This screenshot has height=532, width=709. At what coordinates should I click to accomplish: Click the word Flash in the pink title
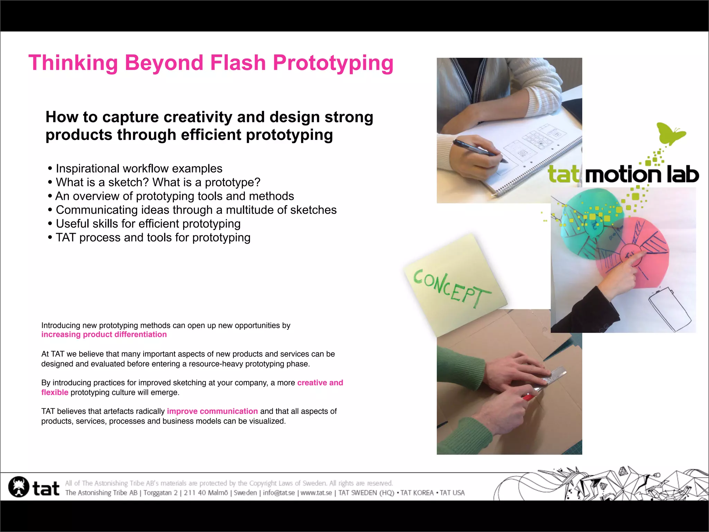pyautogui.click(x=237, y=63)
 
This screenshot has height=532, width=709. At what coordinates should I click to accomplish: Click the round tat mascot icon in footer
pyautogui.click(x=19, y=487)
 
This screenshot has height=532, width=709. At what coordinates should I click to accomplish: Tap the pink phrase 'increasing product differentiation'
pyautogui.click(x=104, y=335)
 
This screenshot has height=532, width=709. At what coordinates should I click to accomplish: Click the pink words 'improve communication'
pyautogui.click(x=212, y=411)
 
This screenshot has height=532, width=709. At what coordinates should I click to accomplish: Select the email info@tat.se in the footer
pyautogui.click(x=279, y=493)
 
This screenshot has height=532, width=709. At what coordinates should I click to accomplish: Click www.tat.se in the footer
pyautogui.click(x=316, y=493)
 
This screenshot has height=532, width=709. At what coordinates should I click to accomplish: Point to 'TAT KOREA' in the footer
pyautogui.click(x=417, y=493)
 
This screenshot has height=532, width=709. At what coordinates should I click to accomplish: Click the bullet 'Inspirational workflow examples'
pyautogui.click(x=139, y=169)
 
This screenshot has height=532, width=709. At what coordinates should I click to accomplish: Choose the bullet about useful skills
pyautogui.click(x=148, y=224)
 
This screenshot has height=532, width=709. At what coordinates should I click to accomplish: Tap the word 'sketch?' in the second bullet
pyautogui.click(x=128, y=183)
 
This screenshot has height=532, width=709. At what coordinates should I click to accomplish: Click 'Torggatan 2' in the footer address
pyautogui.click(x=160, y=493)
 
